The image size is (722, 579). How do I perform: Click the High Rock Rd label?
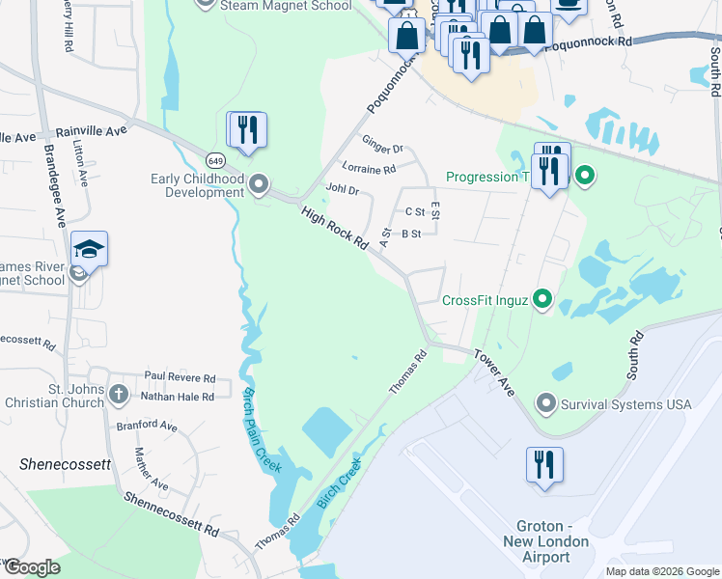tap(335, 229)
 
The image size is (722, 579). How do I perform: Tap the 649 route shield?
tap(214, 159)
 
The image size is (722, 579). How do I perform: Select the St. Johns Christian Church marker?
tap(118, 394)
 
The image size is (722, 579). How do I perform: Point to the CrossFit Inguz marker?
tap(542, 300)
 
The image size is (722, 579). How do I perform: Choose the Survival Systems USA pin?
tap(546, 403)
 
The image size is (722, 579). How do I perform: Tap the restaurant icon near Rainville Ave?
tap(246, 129)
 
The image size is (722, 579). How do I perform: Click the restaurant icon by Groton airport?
tap(544, 465)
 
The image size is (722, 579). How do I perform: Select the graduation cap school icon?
tap(89, 250)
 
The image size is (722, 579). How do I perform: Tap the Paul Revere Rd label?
tap(180, 377)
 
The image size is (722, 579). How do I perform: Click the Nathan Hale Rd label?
tap(178, 397)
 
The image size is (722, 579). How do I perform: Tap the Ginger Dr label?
tap(382, 147)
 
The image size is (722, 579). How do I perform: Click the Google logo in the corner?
tap(31, 567)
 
